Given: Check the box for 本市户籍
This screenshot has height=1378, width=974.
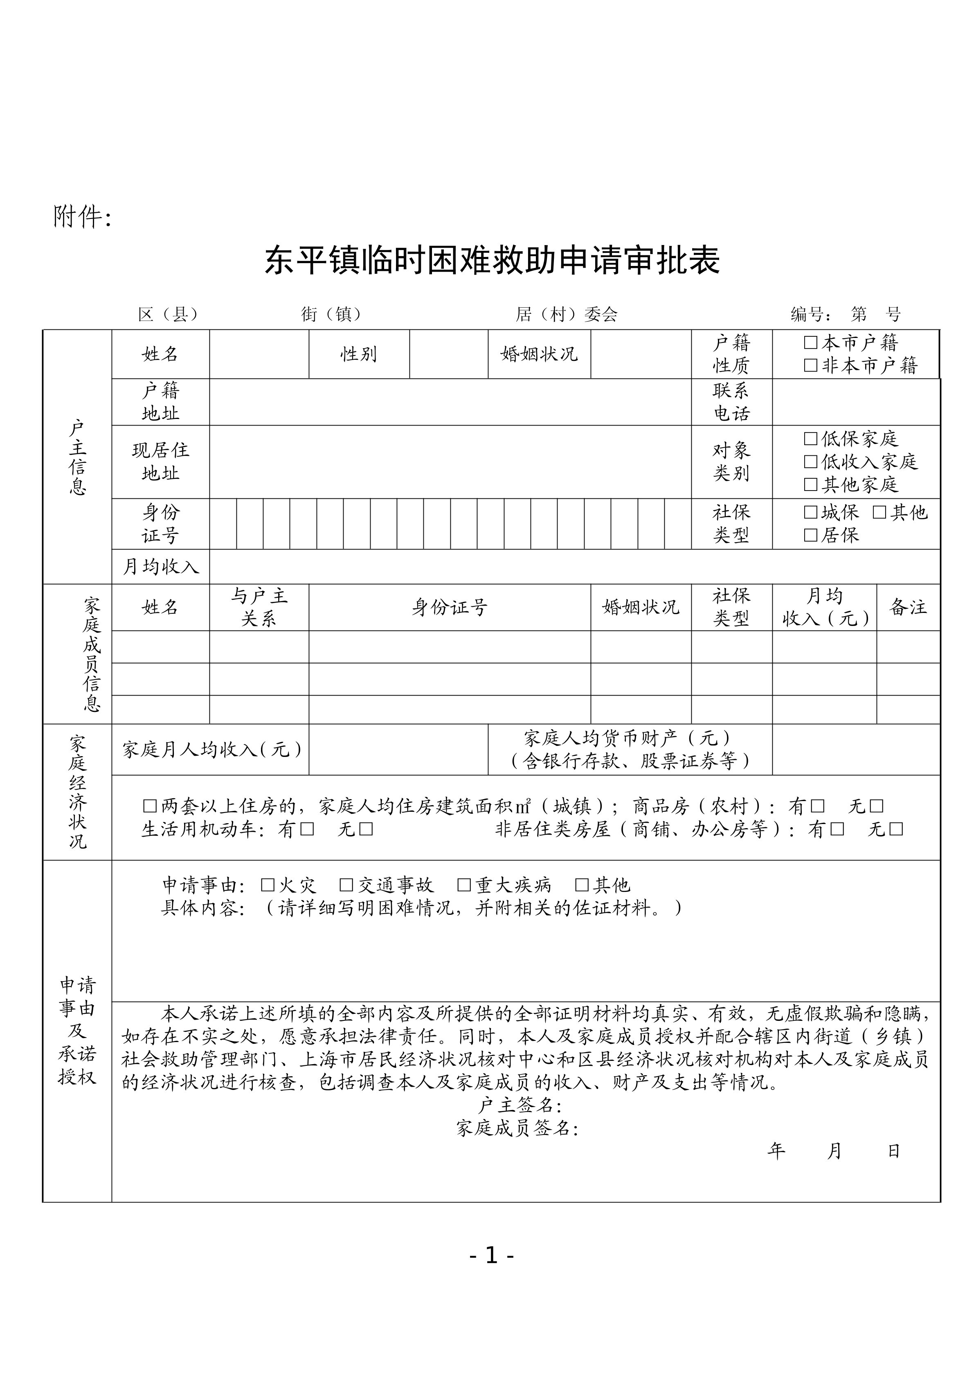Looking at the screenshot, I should coord(811,343).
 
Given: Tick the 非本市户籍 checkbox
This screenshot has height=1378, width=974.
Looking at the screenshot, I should coord(811,365).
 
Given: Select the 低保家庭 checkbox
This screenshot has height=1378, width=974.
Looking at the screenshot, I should coord(811,439).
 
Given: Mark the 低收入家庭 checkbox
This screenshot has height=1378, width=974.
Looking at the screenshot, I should coord(811,462).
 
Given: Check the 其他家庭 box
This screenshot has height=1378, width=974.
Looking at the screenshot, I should coord(811,484).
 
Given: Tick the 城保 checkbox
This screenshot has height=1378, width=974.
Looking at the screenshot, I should coord(811,512).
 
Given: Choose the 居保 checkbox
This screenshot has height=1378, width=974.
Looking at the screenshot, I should coord(811,535).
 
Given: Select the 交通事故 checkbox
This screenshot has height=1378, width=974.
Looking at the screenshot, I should coord(346,885).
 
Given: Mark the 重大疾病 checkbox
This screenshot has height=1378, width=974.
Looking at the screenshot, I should coord(464,885).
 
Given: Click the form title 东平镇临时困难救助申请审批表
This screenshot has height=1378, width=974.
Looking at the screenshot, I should coord(492,261).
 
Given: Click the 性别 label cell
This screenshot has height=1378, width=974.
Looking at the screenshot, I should coord(359,354).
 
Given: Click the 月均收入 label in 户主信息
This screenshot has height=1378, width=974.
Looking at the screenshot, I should coord(160,567).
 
